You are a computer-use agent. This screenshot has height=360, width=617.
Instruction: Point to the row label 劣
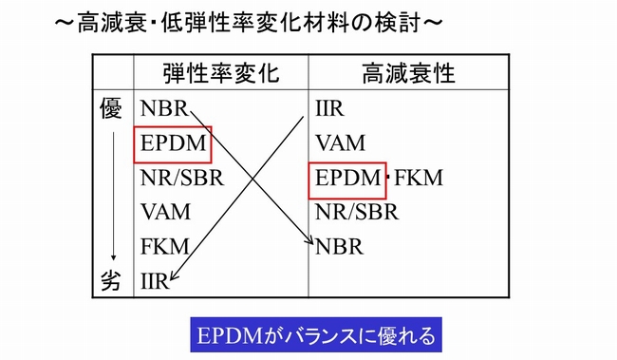(x=112, y=281)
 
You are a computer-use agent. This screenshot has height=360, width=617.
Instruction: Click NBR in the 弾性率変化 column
(x=163, y=109)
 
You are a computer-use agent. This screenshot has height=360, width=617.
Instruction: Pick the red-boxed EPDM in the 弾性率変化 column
(x=172, y=143)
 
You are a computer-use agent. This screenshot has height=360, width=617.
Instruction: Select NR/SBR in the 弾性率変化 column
(x=181, y=178)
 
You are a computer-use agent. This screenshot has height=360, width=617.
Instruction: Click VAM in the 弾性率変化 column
(x=164, y=212)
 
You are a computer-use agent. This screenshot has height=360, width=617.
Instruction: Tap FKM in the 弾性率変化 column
(x=164, y=246)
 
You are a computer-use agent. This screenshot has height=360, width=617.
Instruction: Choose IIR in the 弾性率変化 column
(x=154, y=281)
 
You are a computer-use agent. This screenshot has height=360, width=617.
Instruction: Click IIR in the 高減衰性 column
(x=329, y=109)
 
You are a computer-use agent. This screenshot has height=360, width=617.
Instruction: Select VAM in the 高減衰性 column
(x=340, y=143)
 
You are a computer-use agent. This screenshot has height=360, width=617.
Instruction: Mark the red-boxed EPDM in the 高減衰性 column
(x=347, y=178)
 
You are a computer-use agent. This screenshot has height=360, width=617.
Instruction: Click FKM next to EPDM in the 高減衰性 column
(x=418, y=178)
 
